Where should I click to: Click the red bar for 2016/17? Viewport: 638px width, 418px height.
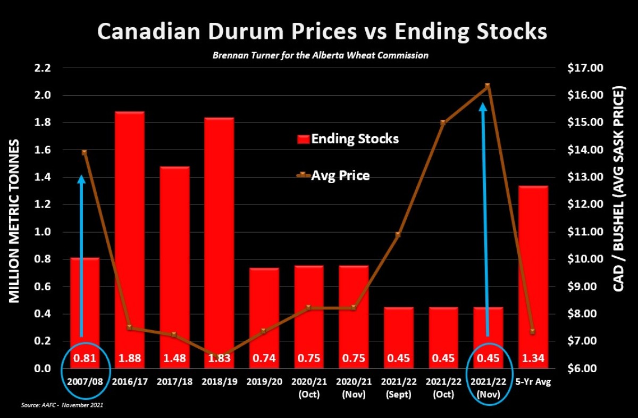pyautogui.click(x=129, y=234)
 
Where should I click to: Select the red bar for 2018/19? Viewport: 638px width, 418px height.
pyautogui.click(x=219, y=234)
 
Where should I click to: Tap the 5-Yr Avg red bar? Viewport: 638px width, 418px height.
pyautogui.click(x=533, y=266)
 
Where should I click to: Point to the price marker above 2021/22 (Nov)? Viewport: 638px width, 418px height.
pyautogui.click(x=487, y=86)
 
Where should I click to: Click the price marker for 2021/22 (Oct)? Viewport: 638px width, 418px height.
pyautogui.click(x=443, y=122)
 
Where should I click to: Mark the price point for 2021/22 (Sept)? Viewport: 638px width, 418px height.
pyautogui.click(x=398, y=234)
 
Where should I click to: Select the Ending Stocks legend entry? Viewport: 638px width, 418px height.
pyautogui.click(x=348, y=139)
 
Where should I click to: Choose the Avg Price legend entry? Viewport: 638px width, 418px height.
pyautogui.click(x=333, y=175)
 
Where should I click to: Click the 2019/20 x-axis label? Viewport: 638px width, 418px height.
pyautogui.click(x=264, y=382)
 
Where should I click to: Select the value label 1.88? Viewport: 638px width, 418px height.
pyautogui.click(x=129, y=358)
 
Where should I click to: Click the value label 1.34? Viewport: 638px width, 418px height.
pyautogui.click(x=533, y=358)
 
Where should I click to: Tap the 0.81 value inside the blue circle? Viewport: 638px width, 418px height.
pyautogui.click(x=85, y=358)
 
